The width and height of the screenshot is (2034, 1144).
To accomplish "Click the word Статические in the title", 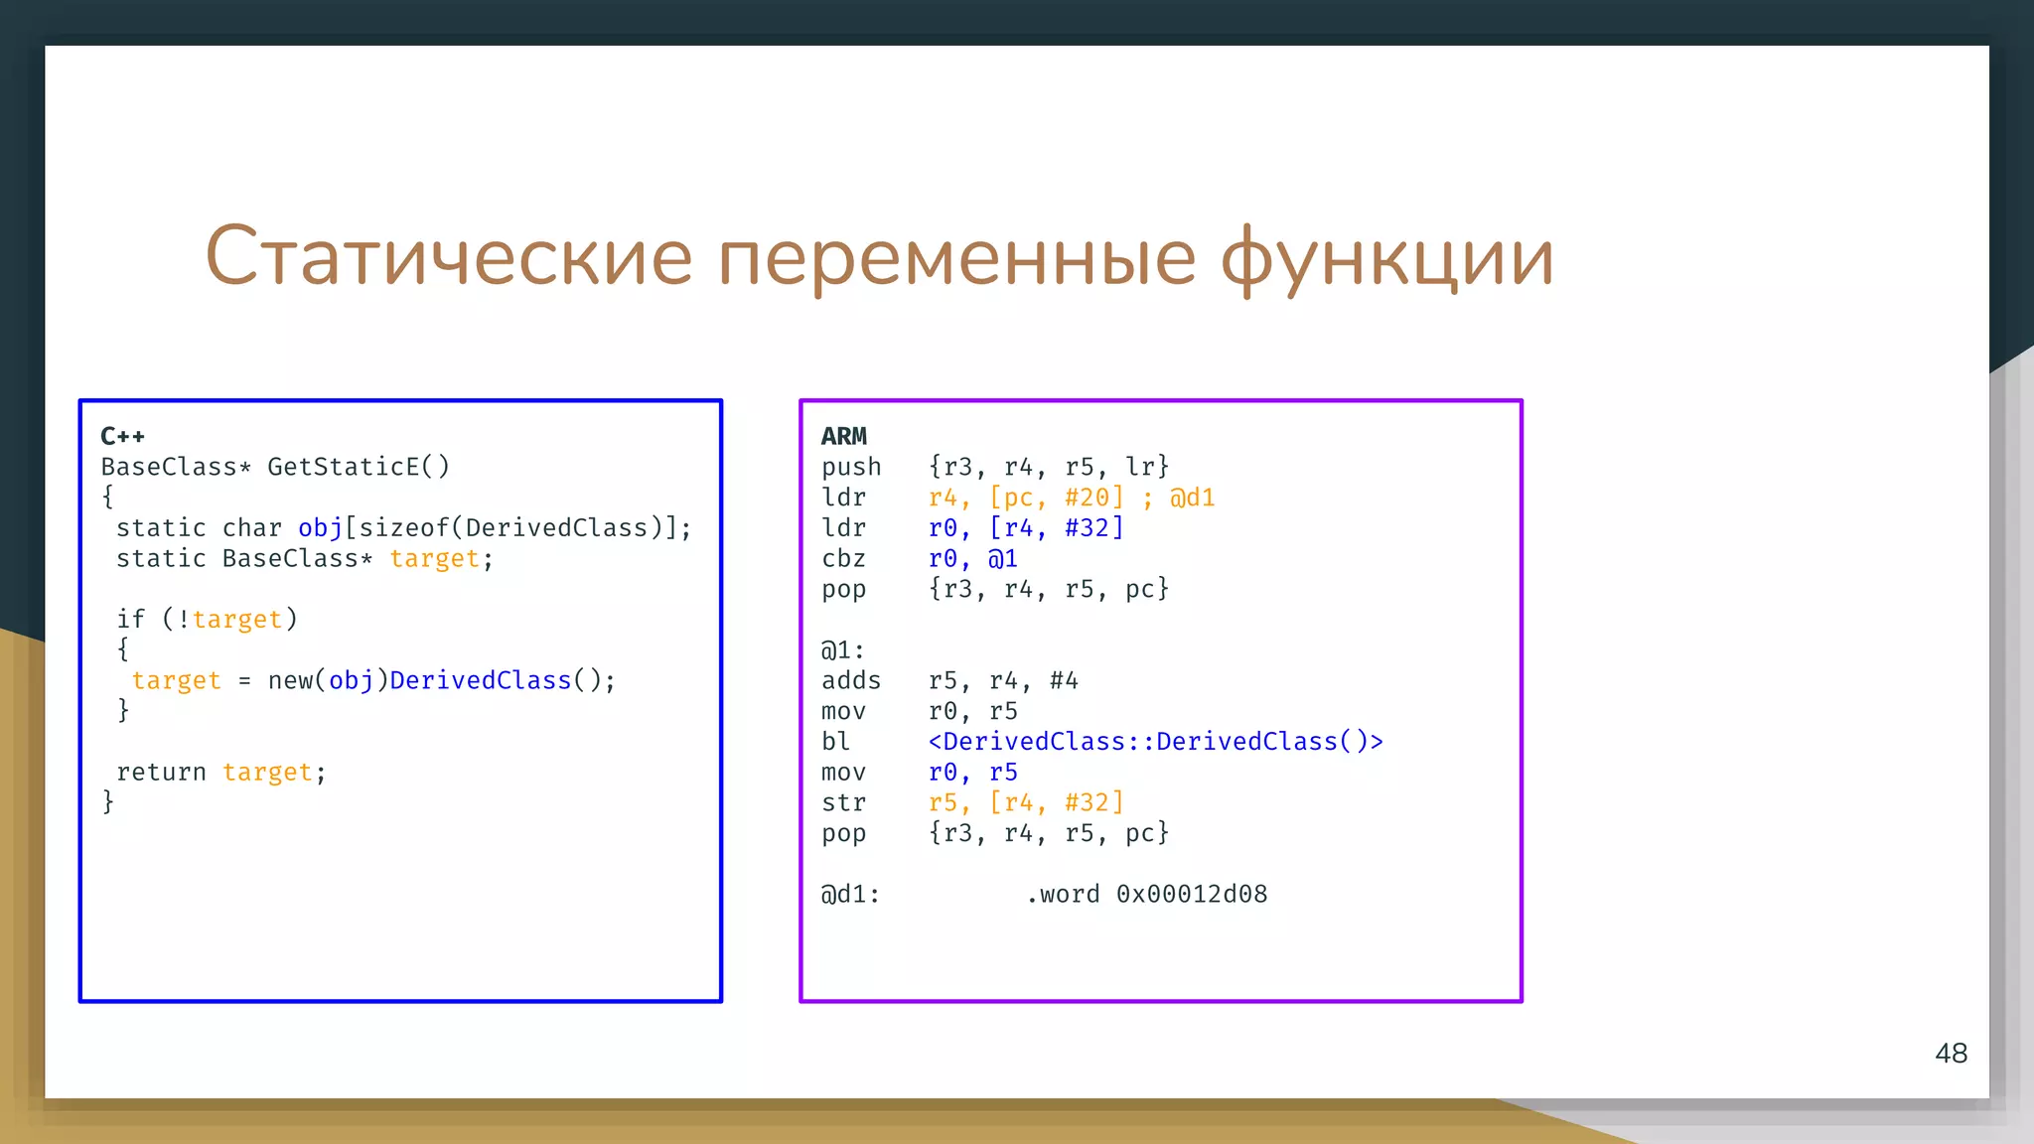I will point(448,257).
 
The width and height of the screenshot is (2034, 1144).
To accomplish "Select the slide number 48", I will point(1951,1053).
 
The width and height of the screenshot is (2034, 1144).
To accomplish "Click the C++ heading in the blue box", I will point(122,436).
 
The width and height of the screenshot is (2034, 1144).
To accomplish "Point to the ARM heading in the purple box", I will point(843,436).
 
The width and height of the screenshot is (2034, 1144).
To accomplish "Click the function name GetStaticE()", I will point(359,467).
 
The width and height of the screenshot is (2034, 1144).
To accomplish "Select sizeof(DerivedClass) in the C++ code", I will point(510,528).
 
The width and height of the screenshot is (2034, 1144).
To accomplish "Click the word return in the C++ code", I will point(161,772).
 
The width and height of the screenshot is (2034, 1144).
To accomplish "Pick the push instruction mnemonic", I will point(851,467).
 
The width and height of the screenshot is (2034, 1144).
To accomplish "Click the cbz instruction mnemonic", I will point(843,559).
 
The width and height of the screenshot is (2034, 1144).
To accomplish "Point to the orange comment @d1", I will point(1192,498).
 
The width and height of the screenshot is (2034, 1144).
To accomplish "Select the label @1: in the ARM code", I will point(842,650).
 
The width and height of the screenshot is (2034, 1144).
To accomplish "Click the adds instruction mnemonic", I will point(851,680).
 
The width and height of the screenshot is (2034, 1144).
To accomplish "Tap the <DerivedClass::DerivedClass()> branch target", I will point(1155,742).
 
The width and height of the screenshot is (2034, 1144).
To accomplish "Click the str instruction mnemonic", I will point(843,802).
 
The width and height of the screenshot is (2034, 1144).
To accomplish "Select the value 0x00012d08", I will point(1192,894).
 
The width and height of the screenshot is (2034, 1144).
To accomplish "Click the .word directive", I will point(1063,894).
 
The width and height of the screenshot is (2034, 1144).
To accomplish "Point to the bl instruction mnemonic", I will point(835,742).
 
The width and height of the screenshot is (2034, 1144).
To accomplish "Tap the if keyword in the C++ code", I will point(130,620).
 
